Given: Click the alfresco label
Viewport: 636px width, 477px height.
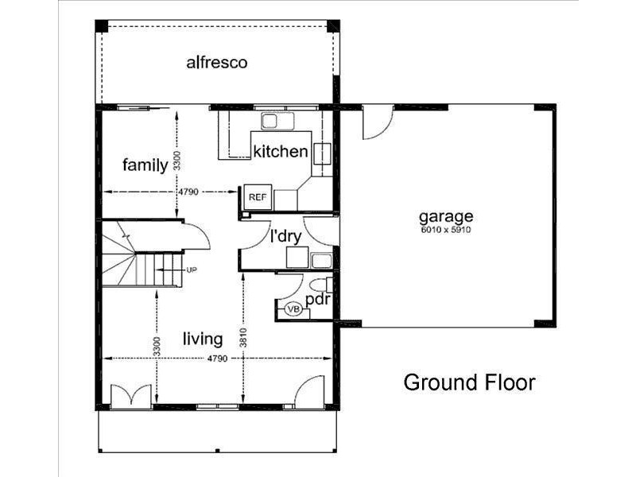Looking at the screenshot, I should tap(217, 62).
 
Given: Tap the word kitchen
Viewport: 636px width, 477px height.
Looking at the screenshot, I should tap(280, 151).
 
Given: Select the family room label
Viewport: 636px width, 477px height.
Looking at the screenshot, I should tap(145, 165).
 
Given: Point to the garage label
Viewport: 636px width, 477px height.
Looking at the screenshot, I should tap(446, 215).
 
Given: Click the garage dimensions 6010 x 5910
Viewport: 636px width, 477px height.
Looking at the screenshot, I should tap(446, 230).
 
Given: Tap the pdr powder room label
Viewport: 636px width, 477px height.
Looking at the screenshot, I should tap(317, 300).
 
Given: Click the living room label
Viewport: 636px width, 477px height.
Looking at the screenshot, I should tap(202, 339).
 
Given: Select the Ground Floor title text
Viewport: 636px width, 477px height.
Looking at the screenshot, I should tap(469, 382).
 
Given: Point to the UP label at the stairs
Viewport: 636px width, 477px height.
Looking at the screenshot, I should tap(191, 270).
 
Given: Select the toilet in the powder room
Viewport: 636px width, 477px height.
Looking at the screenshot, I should tap(321, 285).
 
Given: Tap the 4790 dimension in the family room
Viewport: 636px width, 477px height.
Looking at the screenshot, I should tap(187, 192).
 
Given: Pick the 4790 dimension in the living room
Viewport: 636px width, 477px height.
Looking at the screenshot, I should tap(218, 359).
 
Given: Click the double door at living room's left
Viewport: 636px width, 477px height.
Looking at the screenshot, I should tap(129, 395).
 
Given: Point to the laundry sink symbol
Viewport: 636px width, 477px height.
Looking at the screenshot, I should tap(322, 259).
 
